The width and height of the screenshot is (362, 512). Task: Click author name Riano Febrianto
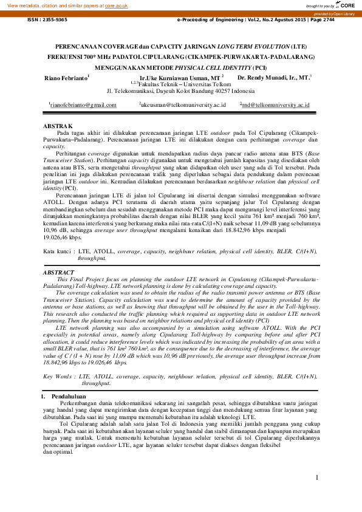[66, 78]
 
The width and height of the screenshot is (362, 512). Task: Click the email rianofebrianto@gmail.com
[83, 105]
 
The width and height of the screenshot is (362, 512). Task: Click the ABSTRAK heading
[58, 126]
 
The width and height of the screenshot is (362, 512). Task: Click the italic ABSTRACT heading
[59, 274]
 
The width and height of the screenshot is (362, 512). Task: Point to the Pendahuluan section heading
[68, 397]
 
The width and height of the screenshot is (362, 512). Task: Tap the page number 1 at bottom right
[317, 477]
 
